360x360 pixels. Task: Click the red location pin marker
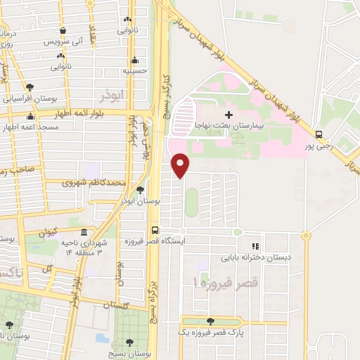click(181, 165)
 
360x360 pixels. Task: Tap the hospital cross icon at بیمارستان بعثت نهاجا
click(228, 115)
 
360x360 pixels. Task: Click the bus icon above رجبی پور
click(319, 134)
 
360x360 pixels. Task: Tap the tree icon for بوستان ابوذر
click(140, 189)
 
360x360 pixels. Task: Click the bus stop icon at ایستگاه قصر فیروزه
click(155, 230)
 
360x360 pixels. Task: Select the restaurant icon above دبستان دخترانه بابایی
click(255, 246)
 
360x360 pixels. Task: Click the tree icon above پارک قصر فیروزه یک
click(210, 321)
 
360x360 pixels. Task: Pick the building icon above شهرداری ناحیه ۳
click(84, 233)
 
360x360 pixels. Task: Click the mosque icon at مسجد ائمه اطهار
click(30, 117)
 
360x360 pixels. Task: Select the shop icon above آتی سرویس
click(63, 31)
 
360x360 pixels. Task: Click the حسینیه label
click(134, 71)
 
